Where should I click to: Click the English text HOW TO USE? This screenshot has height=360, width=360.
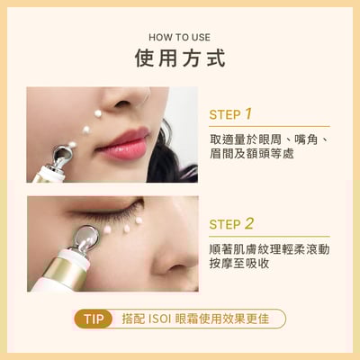pyautogui.click(x=179, y=38)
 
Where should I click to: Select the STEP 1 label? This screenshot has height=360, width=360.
pyautogui.click(x=230, y=114)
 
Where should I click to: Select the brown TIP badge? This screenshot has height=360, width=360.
pyautogui.click(x=93, y=319)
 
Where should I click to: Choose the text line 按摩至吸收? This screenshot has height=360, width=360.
pyautogui.click(x=238, y=264)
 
